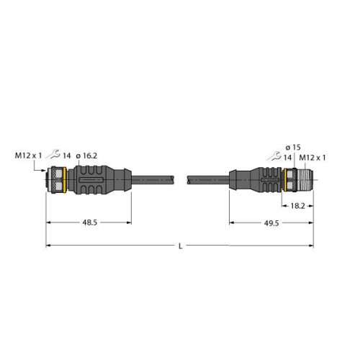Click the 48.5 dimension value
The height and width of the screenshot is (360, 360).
[89, 223]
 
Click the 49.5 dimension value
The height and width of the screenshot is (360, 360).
[271, 223]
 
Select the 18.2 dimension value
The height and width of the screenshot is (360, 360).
[295, 206]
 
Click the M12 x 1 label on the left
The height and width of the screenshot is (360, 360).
[28, 154]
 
